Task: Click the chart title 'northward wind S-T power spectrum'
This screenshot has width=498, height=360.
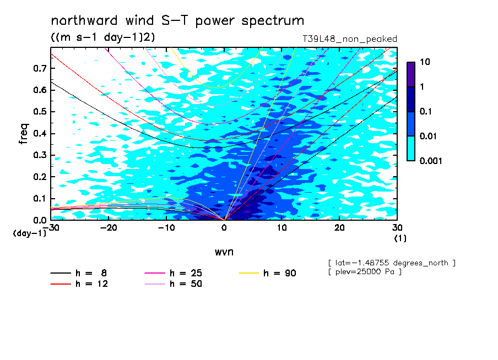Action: click(177, 21)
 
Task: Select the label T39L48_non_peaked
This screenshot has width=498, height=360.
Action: click(350, 39)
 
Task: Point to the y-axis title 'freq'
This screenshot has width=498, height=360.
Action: click(24, 134)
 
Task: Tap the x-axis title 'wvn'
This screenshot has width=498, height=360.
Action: click(224, 252)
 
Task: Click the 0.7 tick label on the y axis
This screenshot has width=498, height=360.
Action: click(40, 68)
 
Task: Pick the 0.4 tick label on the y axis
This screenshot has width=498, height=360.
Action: click(40, 133)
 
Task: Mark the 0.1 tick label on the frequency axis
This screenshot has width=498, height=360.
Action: click(40, 198)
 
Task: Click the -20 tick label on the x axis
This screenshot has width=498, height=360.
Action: click(109, 228)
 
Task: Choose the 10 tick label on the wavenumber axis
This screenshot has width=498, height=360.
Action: click(282, 228)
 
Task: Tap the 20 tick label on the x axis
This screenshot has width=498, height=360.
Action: click(339, 228)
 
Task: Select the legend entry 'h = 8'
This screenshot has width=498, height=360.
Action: click(78, 273)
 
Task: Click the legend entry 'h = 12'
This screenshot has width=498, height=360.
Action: click(79, 283)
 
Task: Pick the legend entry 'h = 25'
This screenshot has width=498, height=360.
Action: click(173, 273)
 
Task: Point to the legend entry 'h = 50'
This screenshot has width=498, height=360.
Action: click(173, 283)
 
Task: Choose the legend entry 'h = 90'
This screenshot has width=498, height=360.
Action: click(267, 273)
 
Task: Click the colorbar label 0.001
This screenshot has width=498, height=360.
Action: click(431, 161)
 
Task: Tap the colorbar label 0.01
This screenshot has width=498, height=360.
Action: click(428, 136)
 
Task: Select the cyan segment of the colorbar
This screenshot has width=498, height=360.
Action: click(411, 149)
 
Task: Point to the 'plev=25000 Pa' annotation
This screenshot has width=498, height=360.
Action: click(365, 272)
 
